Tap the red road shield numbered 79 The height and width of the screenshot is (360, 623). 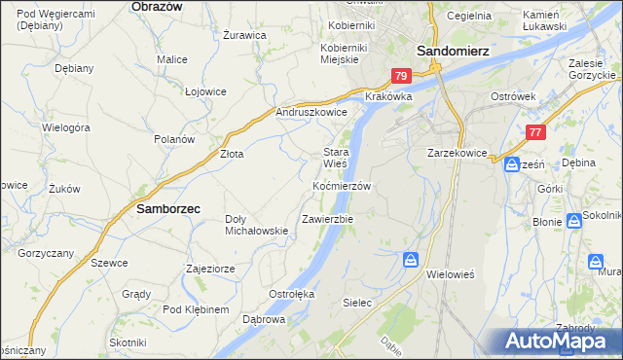(x=401, y=75)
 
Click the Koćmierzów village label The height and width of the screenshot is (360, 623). (x=341, y=185)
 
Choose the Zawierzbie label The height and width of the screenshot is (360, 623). (x=327, y=219)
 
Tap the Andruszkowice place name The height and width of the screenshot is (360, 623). (x=312, y=112)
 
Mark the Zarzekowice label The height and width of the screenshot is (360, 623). (x=457, y=153)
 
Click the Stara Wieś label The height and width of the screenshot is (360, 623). (x=336, y=158)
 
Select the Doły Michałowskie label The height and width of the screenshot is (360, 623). (x=256, y=225)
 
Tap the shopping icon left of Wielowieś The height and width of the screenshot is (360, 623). (x=411, y=260)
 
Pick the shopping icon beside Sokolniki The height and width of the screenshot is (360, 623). (x=574, y=221)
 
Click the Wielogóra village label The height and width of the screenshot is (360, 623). (x=66, y=127)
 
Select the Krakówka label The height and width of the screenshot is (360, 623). (x=389, y=97)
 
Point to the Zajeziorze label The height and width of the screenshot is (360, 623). (x=206, y=268)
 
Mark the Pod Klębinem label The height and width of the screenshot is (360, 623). (x=196, y=309)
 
